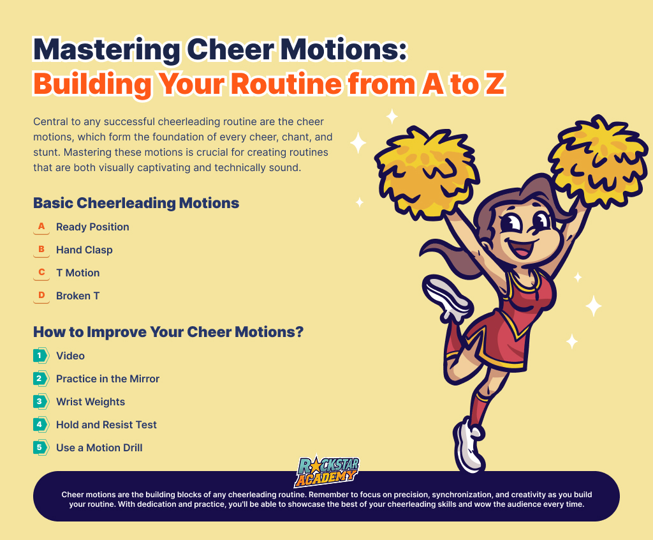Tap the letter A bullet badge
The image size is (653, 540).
click(x=41, y=227)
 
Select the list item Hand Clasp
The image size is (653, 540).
click(x=84, y=250)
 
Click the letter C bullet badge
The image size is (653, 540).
click(x=41, y=273)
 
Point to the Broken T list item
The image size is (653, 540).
click(x=78, y=296)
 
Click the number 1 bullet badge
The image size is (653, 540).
click(x=40, y=356)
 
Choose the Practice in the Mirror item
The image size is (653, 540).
click(x=108, y=379)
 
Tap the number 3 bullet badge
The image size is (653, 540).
click(x=40, y=401)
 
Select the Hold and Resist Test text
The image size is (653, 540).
click(x=106, y=424)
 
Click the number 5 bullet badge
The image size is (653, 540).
click(x=40, y=447)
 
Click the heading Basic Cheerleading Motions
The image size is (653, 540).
click(x=136, y=203)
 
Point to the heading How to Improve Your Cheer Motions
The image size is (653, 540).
click(x=168, y=332)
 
